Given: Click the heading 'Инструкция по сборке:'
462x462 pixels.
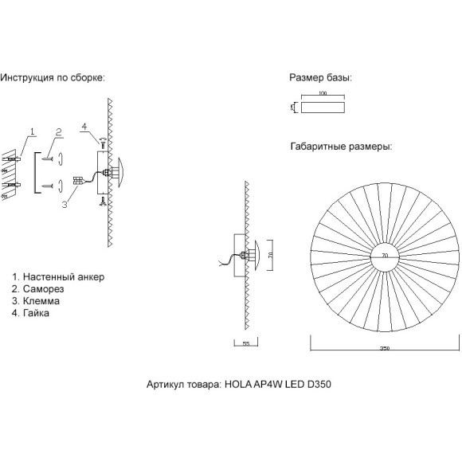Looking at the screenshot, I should (53, 78).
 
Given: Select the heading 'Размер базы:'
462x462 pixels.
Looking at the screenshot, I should (320, 78).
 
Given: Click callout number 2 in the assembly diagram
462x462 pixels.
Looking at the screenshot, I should (58, 131).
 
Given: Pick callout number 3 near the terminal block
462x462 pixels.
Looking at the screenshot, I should (62, 204).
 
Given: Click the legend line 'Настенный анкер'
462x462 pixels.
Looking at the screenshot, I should (58, 276).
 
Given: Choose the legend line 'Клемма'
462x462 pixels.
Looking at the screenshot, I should (41, 302).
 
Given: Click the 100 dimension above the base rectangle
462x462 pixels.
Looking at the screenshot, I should (322, 94).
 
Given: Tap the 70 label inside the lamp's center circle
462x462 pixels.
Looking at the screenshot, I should (385, 255).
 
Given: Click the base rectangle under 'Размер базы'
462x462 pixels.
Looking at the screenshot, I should (322, 106).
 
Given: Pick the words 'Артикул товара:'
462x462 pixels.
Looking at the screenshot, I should (182, 383).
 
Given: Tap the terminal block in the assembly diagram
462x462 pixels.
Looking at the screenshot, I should (78, 181).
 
